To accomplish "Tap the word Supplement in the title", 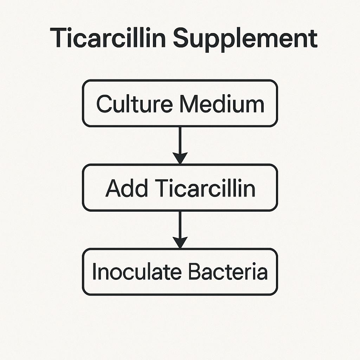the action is (x=245, y=39).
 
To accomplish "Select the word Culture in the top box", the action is (x=135, y=104).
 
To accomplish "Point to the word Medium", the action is (x=222, y=104).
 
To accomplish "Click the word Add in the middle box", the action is (x=126, y=188).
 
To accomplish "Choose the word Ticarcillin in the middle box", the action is (x=205, y=188).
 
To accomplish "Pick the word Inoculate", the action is (x=137, y=271).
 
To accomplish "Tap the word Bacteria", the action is (x=228, y=271).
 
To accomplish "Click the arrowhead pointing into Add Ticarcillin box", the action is (x=180, y=158).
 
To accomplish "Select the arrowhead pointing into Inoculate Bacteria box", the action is (x=180, y=242).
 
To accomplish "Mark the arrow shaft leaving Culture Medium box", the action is (x=180, y=140).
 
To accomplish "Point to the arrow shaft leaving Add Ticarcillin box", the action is (x=180, y=224).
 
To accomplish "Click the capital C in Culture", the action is (x=104, y=104).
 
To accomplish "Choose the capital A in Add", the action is (x=113, y=188).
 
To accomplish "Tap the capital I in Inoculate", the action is (x=94, y=271).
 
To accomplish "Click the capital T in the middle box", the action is (x=162, y=188).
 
